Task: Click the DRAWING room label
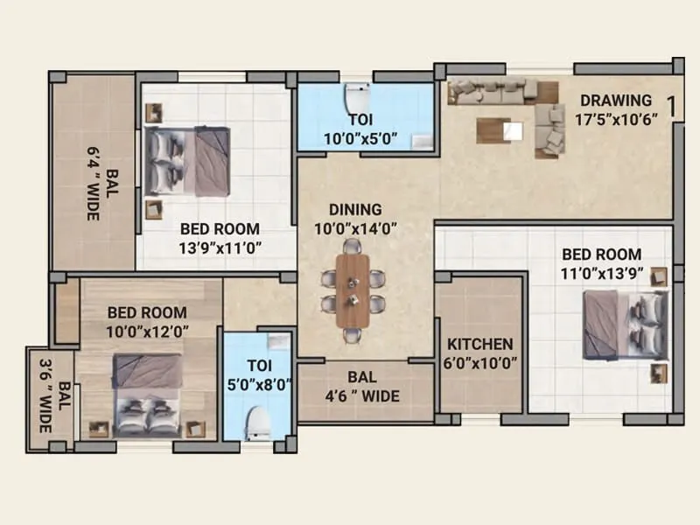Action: pyautogui.click(x=616, y=101)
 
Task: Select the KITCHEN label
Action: pyautogui.click(x=479, y=344)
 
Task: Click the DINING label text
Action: pyautogui.click(x=355, y=210)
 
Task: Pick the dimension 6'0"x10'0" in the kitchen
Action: pyautogui.click(x=479, y=363)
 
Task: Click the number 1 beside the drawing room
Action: pyautogui.click(x=670, y=107)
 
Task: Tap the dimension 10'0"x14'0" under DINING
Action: pyautogui.click(x=356, y=228)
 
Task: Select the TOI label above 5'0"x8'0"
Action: pyautogui.click(x=257, y=365)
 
